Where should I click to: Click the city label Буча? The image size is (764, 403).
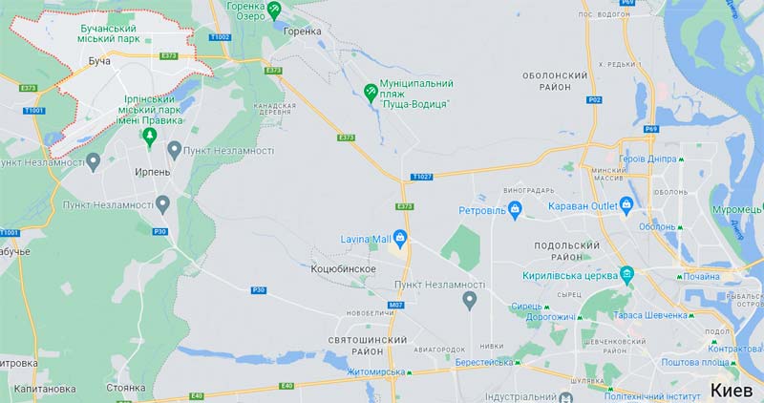point(99,60)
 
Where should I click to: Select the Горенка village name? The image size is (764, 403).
point(303,31)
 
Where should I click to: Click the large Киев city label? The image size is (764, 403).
point(736,389)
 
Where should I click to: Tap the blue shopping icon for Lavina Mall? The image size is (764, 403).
point(403,239)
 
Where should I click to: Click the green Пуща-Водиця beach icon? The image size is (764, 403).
point(371,93)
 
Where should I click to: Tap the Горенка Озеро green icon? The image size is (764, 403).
point(275,10)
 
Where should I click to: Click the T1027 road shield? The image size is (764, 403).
point(422,177)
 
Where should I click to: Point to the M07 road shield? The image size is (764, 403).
point(396,306)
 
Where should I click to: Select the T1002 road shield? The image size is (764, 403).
point(221,37)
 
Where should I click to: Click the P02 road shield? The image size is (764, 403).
point(594,99)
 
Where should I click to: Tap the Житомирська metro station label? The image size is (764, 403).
point(377,371)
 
